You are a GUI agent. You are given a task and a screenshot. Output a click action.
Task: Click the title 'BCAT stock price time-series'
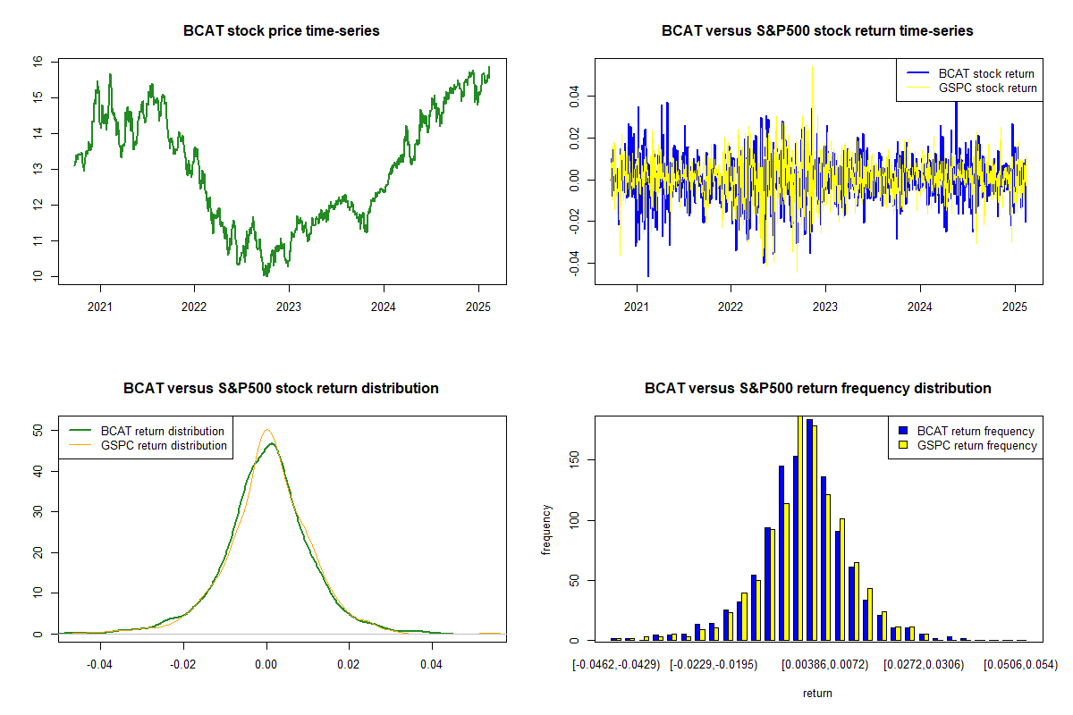(x=281, y=30)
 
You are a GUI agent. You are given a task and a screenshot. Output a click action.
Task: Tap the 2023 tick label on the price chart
(x=288, y=307)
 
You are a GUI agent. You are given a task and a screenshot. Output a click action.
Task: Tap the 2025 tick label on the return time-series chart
(x=1015, y=307)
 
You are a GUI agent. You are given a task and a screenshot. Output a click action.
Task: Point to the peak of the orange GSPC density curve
(x=266, y=430)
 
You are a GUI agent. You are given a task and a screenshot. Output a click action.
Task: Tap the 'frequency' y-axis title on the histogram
(x=546, y=530)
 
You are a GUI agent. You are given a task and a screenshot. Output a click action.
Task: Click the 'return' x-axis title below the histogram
(x=817, y=693)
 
